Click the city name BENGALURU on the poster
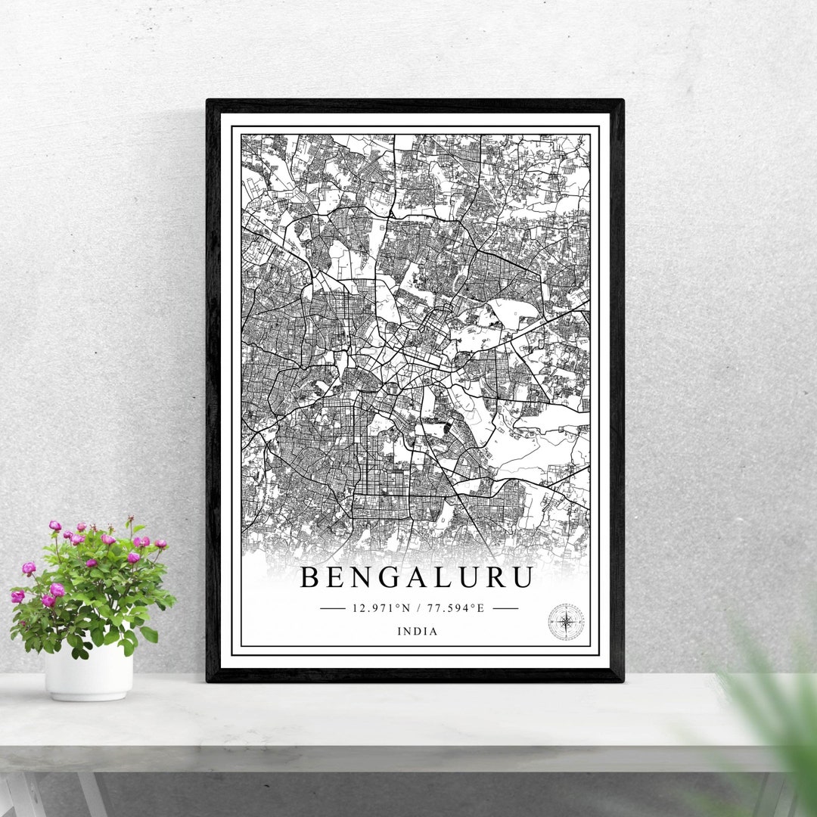click(417, 577)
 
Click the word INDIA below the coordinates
click(417, 632)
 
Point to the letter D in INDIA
click(417, 632)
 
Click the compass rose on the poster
click(566, 622)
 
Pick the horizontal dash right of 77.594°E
click(505, 607)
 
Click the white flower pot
click(89, 673)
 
